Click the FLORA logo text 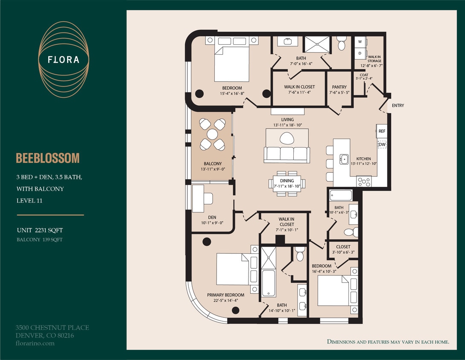(64, 59)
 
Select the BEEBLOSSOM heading (48, 158)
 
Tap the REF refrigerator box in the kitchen (382, 131)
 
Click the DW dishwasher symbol (382, 145)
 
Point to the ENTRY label (398, 105)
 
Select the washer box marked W (360, 42)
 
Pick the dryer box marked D (360, 53)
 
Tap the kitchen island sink (343, 159)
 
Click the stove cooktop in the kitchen (364, 181)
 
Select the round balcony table (213, 134)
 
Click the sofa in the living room (287, 154)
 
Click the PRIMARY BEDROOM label (225, 295)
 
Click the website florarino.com (35, 343)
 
